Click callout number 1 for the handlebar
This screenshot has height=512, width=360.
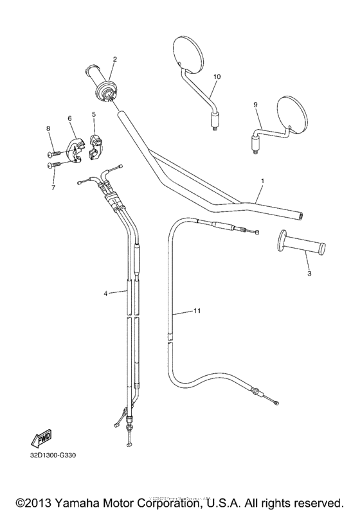[x=262, y=181]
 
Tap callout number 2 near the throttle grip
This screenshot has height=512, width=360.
[x=114, y=59]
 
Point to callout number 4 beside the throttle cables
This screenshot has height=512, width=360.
[x=105, y=293]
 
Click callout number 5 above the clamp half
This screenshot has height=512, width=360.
[x=94, y=114]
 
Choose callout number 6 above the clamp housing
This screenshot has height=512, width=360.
[x=69, y=118]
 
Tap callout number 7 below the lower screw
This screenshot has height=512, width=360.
[x=53, y=188]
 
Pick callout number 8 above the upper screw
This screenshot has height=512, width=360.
[x=48, y=129]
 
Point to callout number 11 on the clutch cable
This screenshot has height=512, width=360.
[x=197, y=311]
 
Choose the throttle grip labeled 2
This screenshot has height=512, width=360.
[x=101, y=82]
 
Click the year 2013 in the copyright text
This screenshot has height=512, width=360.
[x=41, y=500]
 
